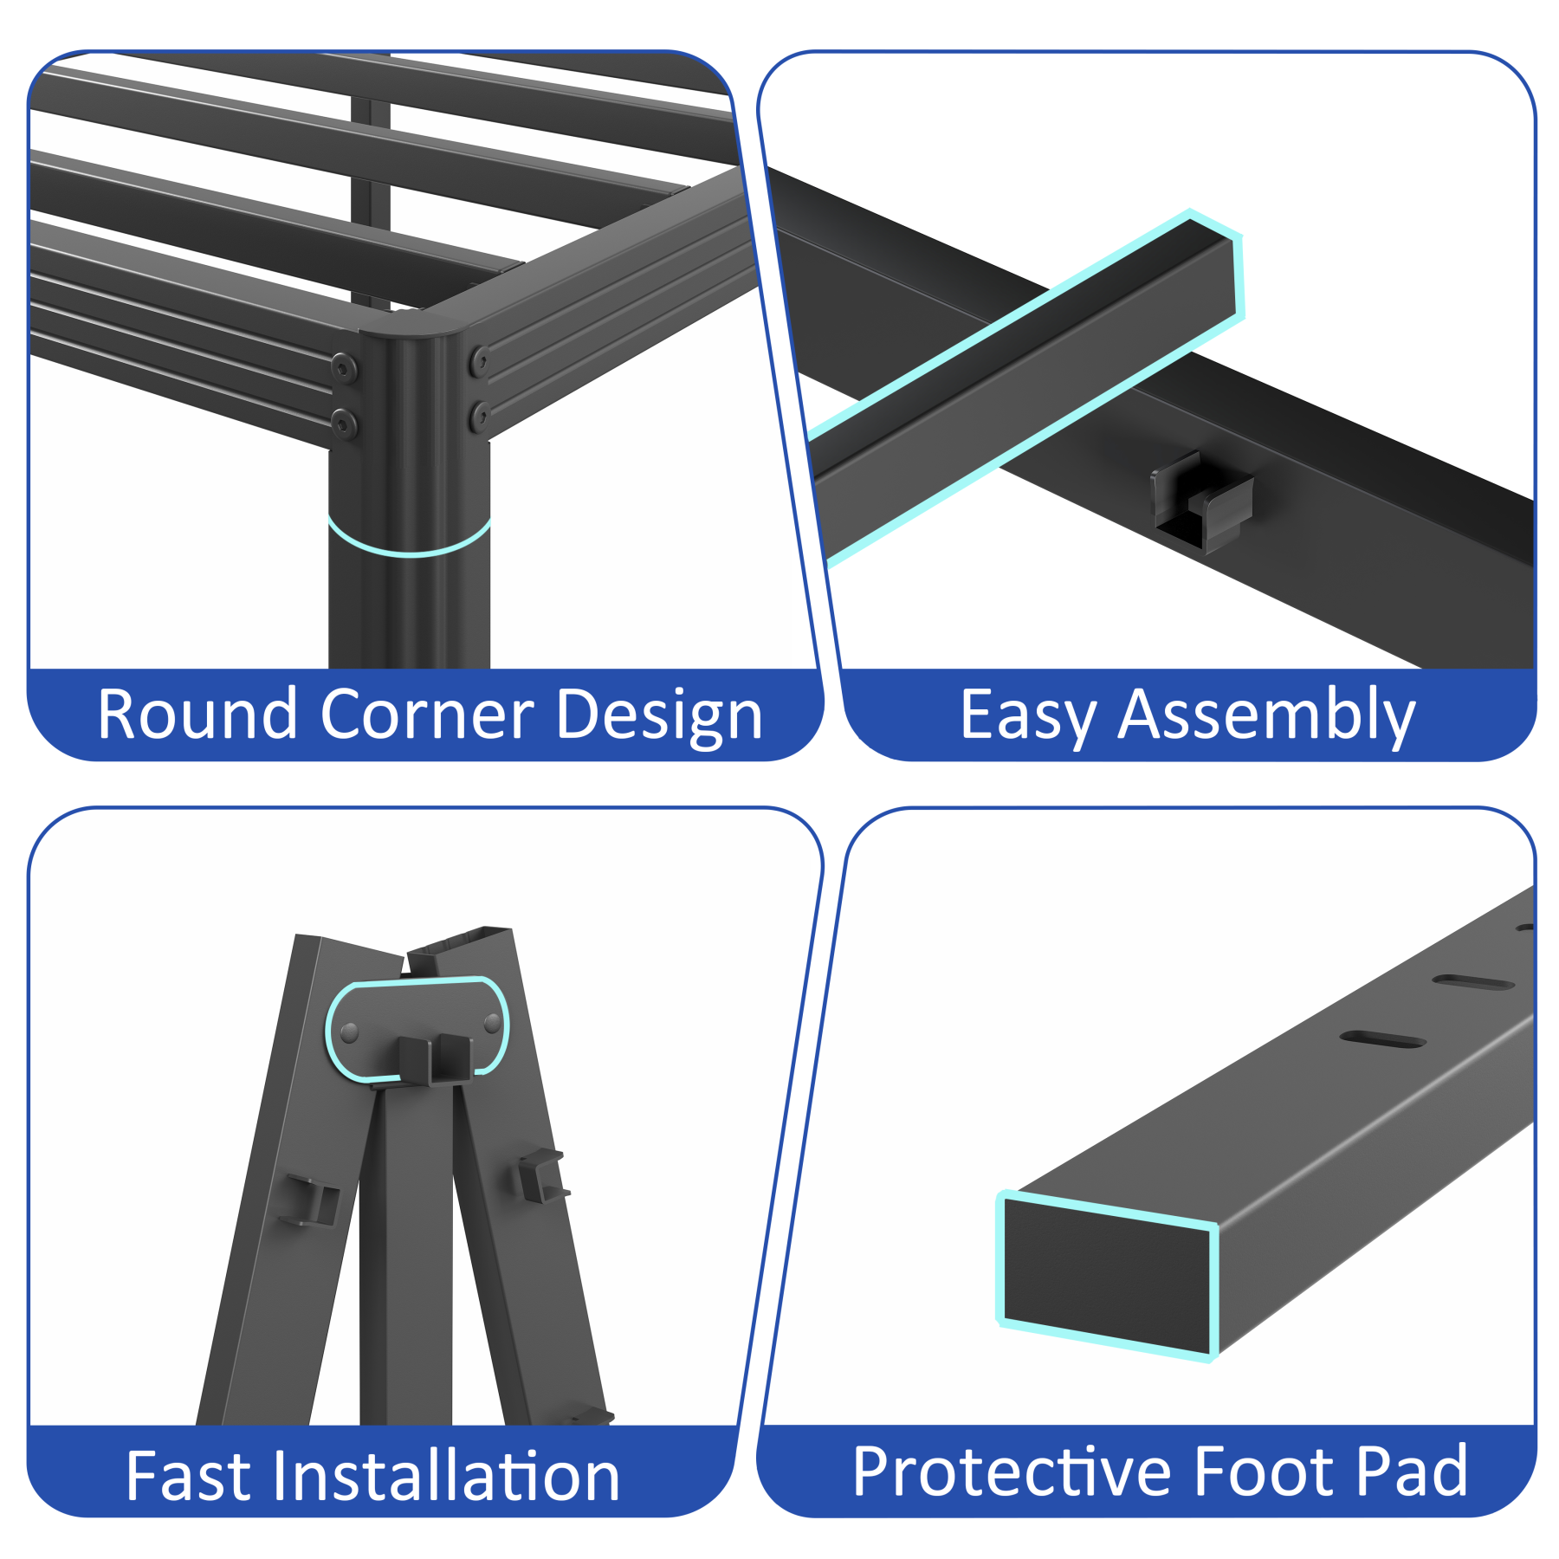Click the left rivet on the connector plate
(x=350, y=1032)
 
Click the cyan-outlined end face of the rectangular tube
(x=1107, y=1275)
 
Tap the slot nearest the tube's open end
(x=1382, y=1039)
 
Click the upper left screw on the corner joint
(x=344, y=368)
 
